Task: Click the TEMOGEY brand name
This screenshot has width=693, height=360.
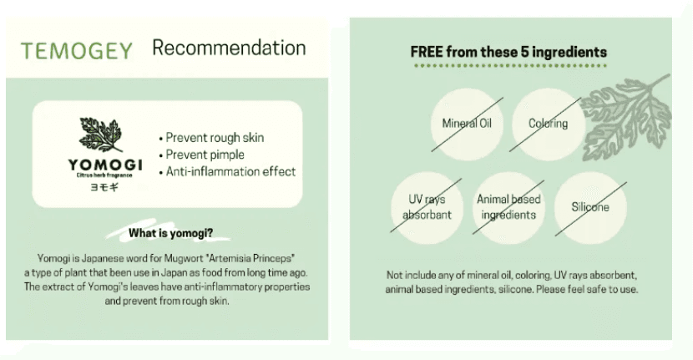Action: tap(77, 50)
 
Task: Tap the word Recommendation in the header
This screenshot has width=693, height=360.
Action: tap(229, 48)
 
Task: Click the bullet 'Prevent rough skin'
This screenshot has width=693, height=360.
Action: tap(216, 138)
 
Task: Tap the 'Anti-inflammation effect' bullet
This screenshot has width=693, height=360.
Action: tap(226, 172)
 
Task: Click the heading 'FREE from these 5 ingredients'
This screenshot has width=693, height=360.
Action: tap(508, 52)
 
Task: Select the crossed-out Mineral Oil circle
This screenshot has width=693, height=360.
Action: tap(467, 124)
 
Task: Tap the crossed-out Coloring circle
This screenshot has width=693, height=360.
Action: tap(548, 124)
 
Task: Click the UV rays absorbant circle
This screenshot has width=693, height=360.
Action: tap(427, 207)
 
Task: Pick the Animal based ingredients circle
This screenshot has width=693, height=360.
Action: tap(508, 207)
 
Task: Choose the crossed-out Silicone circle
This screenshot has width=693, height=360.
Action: tap(590, 206)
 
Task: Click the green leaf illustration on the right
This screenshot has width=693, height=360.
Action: tap(627, 117)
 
